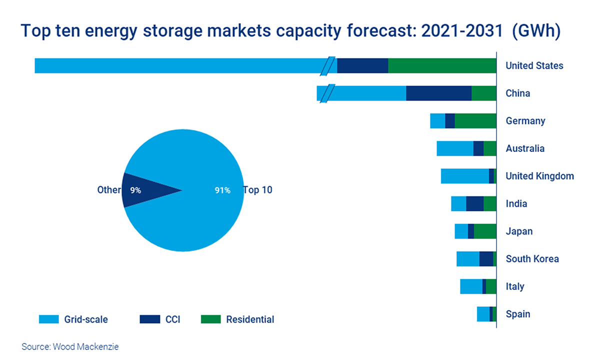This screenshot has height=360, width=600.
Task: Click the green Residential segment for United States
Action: coord(442,65)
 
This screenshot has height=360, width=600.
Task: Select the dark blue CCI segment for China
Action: coord(438,93)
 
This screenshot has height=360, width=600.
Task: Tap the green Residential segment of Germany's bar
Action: coord(475,121)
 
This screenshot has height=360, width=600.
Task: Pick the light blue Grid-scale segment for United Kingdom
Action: coord(464,176)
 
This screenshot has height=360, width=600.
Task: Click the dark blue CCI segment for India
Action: coord(474,203)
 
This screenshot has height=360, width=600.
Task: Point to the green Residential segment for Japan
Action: coord(484,231)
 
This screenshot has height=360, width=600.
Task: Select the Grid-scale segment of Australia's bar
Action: coord(454,148)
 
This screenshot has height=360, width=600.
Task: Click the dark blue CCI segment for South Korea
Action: coord(486,259)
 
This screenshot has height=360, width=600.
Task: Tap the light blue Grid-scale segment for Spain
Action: coord(483,314)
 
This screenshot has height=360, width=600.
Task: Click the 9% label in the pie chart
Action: coord(135,190)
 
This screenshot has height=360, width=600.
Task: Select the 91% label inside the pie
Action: coord(222,190)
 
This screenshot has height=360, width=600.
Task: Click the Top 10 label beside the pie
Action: coord(257,190)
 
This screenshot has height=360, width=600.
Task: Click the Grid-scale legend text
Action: coord(86,319)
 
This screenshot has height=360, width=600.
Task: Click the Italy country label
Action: coord(515,286)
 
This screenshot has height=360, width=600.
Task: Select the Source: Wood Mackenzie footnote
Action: coord(70,346)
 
